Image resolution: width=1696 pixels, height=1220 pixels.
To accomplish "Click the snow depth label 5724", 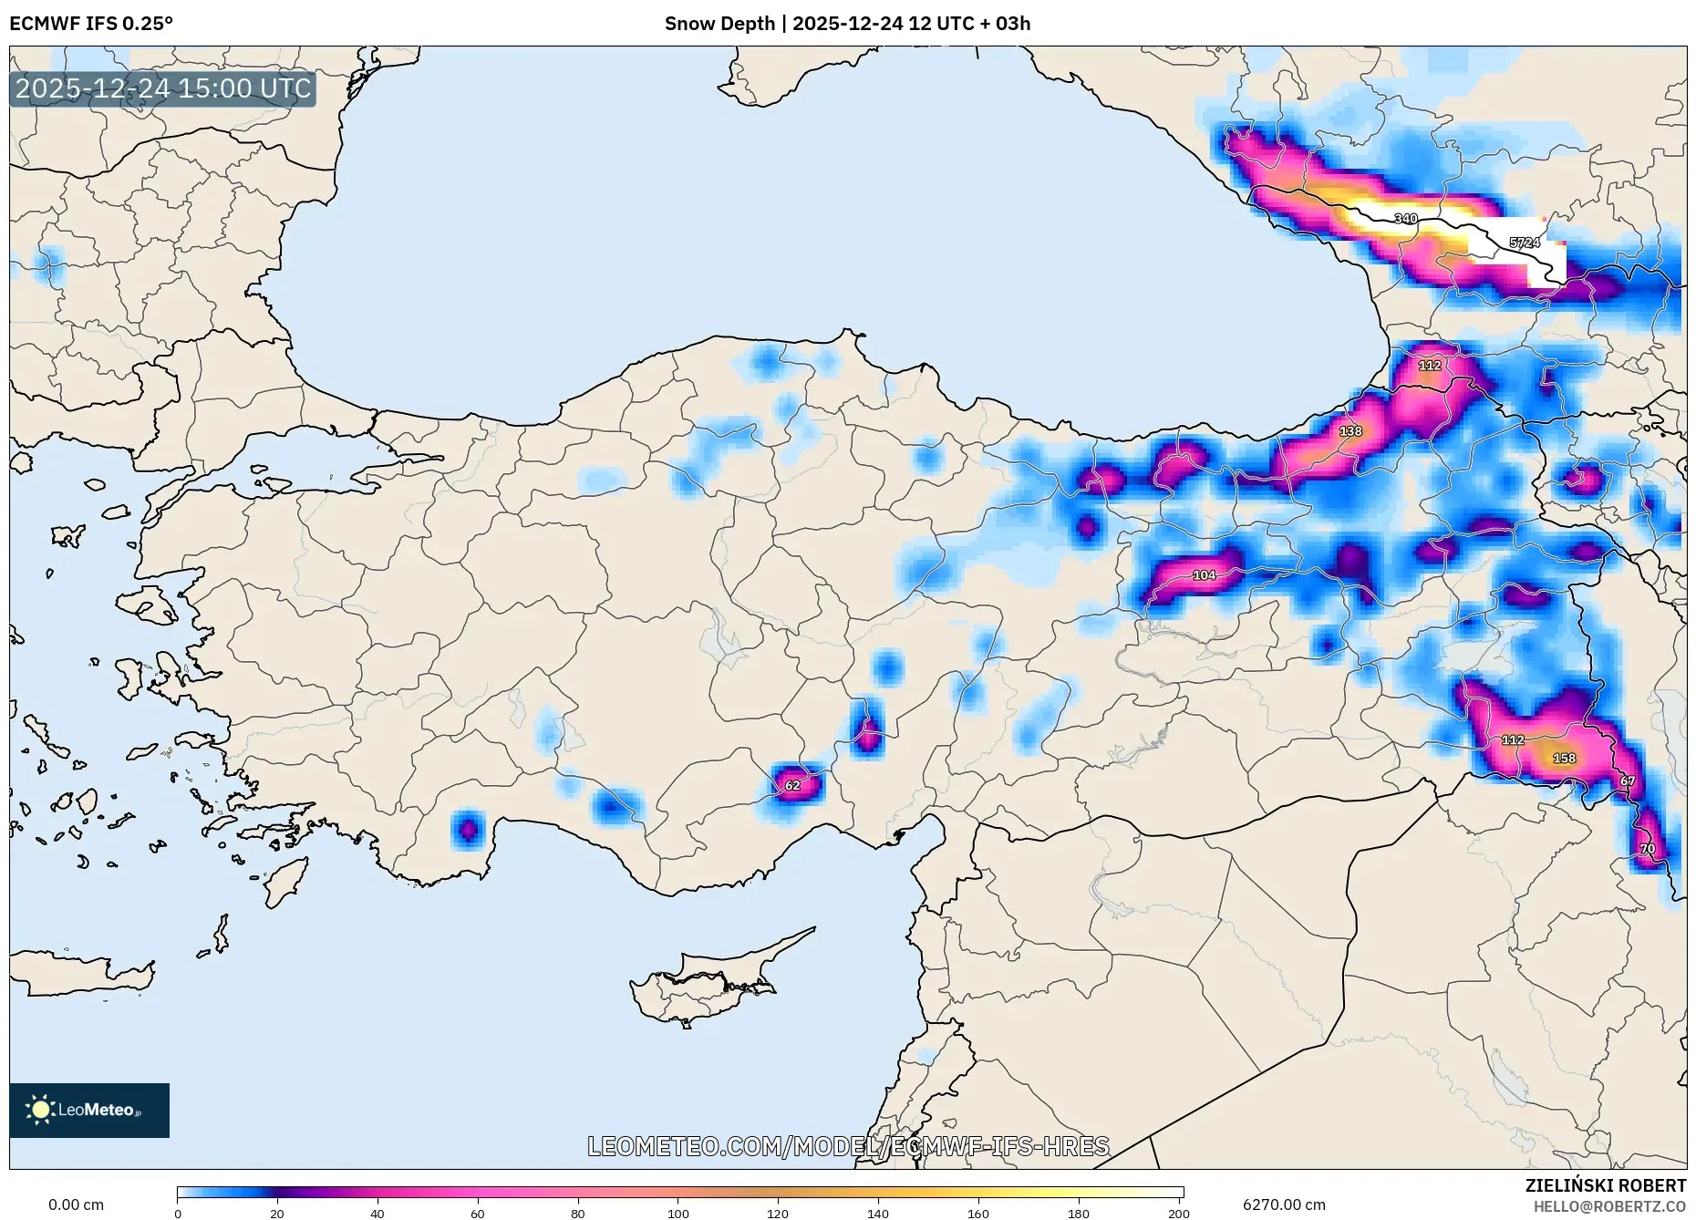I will pos(1525,243).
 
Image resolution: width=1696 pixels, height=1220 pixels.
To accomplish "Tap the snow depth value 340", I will pos(1405,219).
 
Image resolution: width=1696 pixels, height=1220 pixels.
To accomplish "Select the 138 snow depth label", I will pos(1350,431).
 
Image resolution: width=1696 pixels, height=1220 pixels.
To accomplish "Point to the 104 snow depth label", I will pos(1204,575).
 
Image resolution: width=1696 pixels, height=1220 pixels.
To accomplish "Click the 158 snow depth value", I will pos(1564,758).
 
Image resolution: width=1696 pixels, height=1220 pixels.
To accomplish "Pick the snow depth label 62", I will pos(792,785).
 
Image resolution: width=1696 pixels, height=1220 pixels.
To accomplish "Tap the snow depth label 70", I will pos(1647,849).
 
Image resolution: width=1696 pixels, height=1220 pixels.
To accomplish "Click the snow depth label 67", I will pos(1628,781).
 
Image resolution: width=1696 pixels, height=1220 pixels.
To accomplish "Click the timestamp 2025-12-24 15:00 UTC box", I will pos(163,88).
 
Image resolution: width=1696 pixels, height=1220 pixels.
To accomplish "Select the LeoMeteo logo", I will pos(89,1110).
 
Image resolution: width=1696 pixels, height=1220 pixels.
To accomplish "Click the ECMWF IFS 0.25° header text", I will pos(91,24).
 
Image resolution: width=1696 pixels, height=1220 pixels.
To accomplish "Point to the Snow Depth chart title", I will pos(847,24).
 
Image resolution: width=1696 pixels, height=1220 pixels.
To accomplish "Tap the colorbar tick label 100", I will pos(677,1213).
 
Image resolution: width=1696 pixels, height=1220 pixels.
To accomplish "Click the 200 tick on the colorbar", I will pos(1178,1213).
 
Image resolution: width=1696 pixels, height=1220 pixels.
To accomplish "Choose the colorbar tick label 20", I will pos(277,1213).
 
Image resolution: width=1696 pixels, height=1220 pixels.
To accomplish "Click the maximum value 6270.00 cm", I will pos(1284,1204).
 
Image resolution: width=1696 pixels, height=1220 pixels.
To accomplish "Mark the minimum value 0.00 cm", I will pos(76,1204).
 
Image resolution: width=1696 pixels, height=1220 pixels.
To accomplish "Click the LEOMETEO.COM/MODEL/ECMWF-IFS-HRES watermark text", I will pos(848,1146).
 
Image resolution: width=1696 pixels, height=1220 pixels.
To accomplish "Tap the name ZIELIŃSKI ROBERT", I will pos(1605,1185).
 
